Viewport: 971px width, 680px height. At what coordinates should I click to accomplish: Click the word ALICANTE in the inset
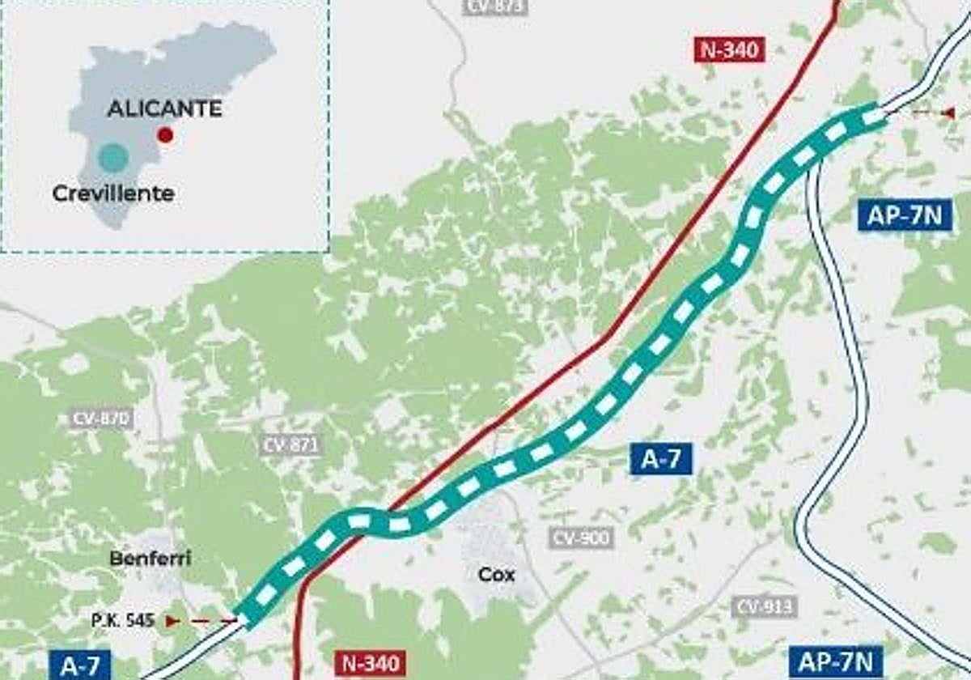(x=164, y=108)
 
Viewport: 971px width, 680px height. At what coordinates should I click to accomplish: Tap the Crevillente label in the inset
(x=113, y=194)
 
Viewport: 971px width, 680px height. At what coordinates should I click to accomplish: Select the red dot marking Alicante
(x=165, y=135)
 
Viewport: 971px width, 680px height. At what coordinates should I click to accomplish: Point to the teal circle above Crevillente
(x=112, y=157)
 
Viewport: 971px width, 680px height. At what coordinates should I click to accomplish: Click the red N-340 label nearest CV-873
(x=729, y=50)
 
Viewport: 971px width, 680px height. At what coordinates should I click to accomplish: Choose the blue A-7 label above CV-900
(x=662, y=460)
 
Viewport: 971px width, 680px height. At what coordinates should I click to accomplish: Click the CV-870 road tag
(x=100, y=419)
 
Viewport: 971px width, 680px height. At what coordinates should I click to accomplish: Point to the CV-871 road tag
(x=291, y=444)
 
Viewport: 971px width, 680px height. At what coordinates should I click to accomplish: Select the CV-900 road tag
(x=581, y=538)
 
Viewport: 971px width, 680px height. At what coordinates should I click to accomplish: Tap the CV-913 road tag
(x=764, y=606)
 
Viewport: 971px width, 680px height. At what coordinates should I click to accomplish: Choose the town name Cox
(x=496, y=575)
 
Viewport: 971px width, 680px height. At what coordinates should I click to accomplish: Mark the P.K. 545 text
(x=122, y=621)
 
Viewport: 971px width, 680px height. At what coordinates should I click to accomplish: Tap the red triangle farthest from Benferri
(x=948, y=113)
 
